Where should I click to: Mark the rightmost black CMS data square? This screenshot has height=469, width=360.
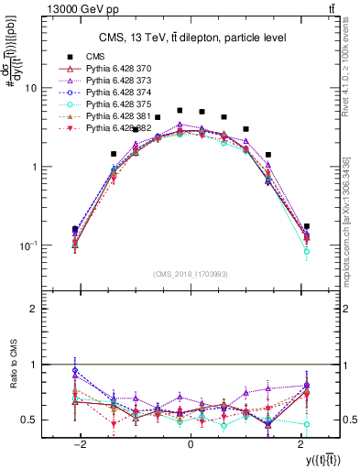click(x=307, y=226)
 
